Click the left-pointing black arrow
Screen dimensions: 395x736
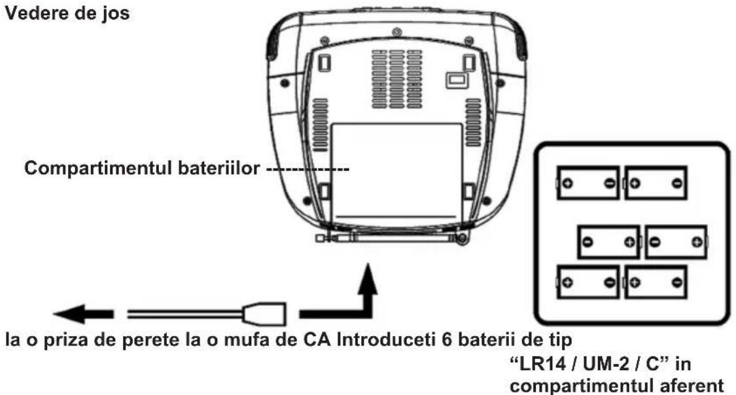(x=86, y=314)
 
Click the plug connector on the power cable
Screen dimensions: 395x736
(x=265, y=314)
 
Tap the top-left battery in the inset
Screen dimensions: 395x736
(x=588, y=183)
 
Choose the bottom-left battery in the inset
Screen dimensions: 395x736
(x=588, y=282)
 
